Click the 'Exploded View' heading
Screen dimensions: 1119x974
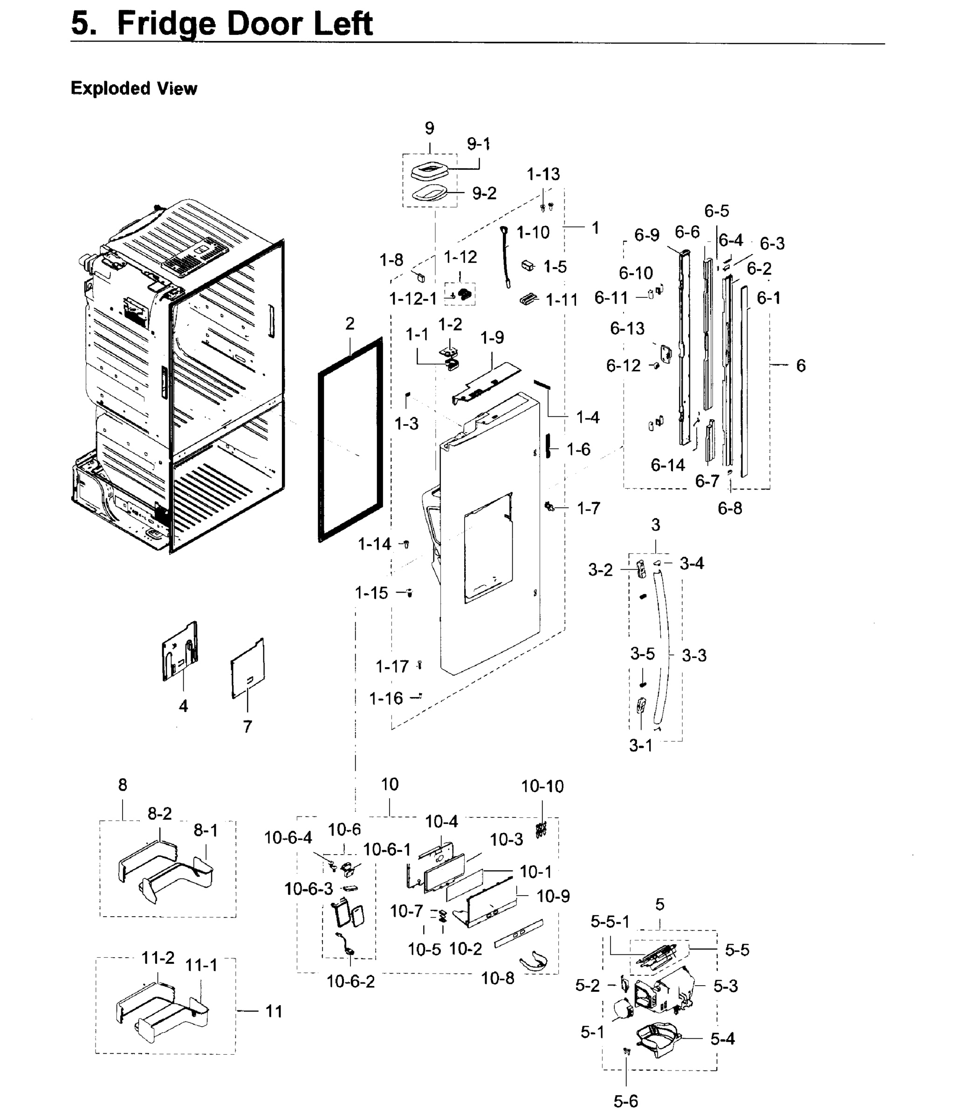point(134,88)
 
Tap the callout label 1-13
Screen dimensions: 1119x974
point(542,174)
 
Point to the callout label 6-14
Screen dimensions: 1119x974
point(667,465)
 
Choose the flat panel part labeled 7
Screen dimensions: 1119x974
point(247,669)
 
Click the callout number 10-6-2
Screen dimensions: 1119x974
point(350,981)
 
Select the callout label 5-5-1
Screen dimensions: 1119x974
point(610,922)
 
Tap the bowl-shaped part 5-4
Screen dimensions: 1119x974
point(658,1038)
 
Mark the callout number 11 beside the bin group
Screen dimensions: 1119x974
point(274,1011)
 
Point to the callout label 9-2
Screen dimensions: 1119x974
point(484,193)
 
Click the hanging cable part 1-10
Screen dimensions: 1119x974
point(506,256)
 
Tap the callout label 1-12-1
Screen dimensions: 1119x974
point(413,298)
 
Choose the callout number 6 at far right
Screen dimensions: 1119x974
point(801,366)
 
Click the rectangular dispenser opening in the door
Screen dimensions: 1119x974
point(488,549)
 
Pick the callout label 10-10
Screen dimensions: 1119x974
point(542,786)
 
